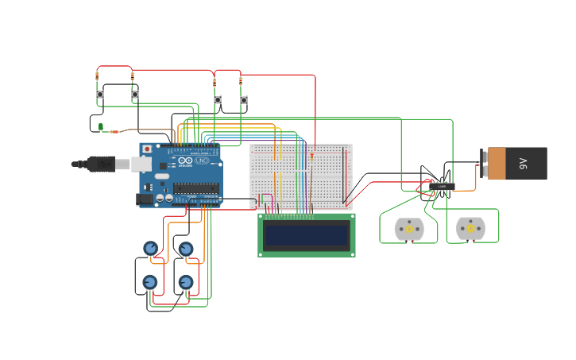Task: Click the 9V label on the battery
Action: click(x=523, y=163)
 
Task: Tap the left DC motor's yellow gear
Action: click(x=409, y=230)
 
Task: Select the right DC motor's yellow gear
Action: click(x=470, y=229)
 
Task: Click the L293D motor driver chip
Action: click(x=442, y=187)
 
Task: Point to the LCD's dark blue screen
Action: click(x=307, y=235)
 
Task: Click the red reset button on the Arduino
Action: click(x=147, y=149)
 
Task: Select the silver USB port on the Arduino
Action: click(x=141, y=164)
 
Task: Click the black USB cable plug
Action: click(x=101, y=164)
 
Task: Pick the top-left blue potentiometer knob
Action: click(x=150, y=248)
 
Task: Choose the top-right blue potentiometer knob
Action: click(x=185, y=249)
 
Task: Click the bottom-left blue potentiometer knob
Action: click(x=149, y=282)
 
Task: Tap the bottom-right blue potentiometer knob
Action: click(x=185, y=282)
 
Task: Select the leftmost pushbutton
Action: click(x=100, y=95)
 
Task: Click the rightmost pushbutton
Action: click(x=244, y=100)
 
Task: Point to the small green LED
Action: click(x=100, y=126)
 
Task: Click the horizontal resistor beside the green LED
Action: click(x=114, y=131)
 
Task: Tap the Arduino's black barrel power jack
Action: click(x=145, y=199)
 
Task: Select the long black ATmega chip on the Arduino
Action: click(x=195, y=188)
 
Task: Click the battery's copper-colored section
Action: click(x=497, y=163)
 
